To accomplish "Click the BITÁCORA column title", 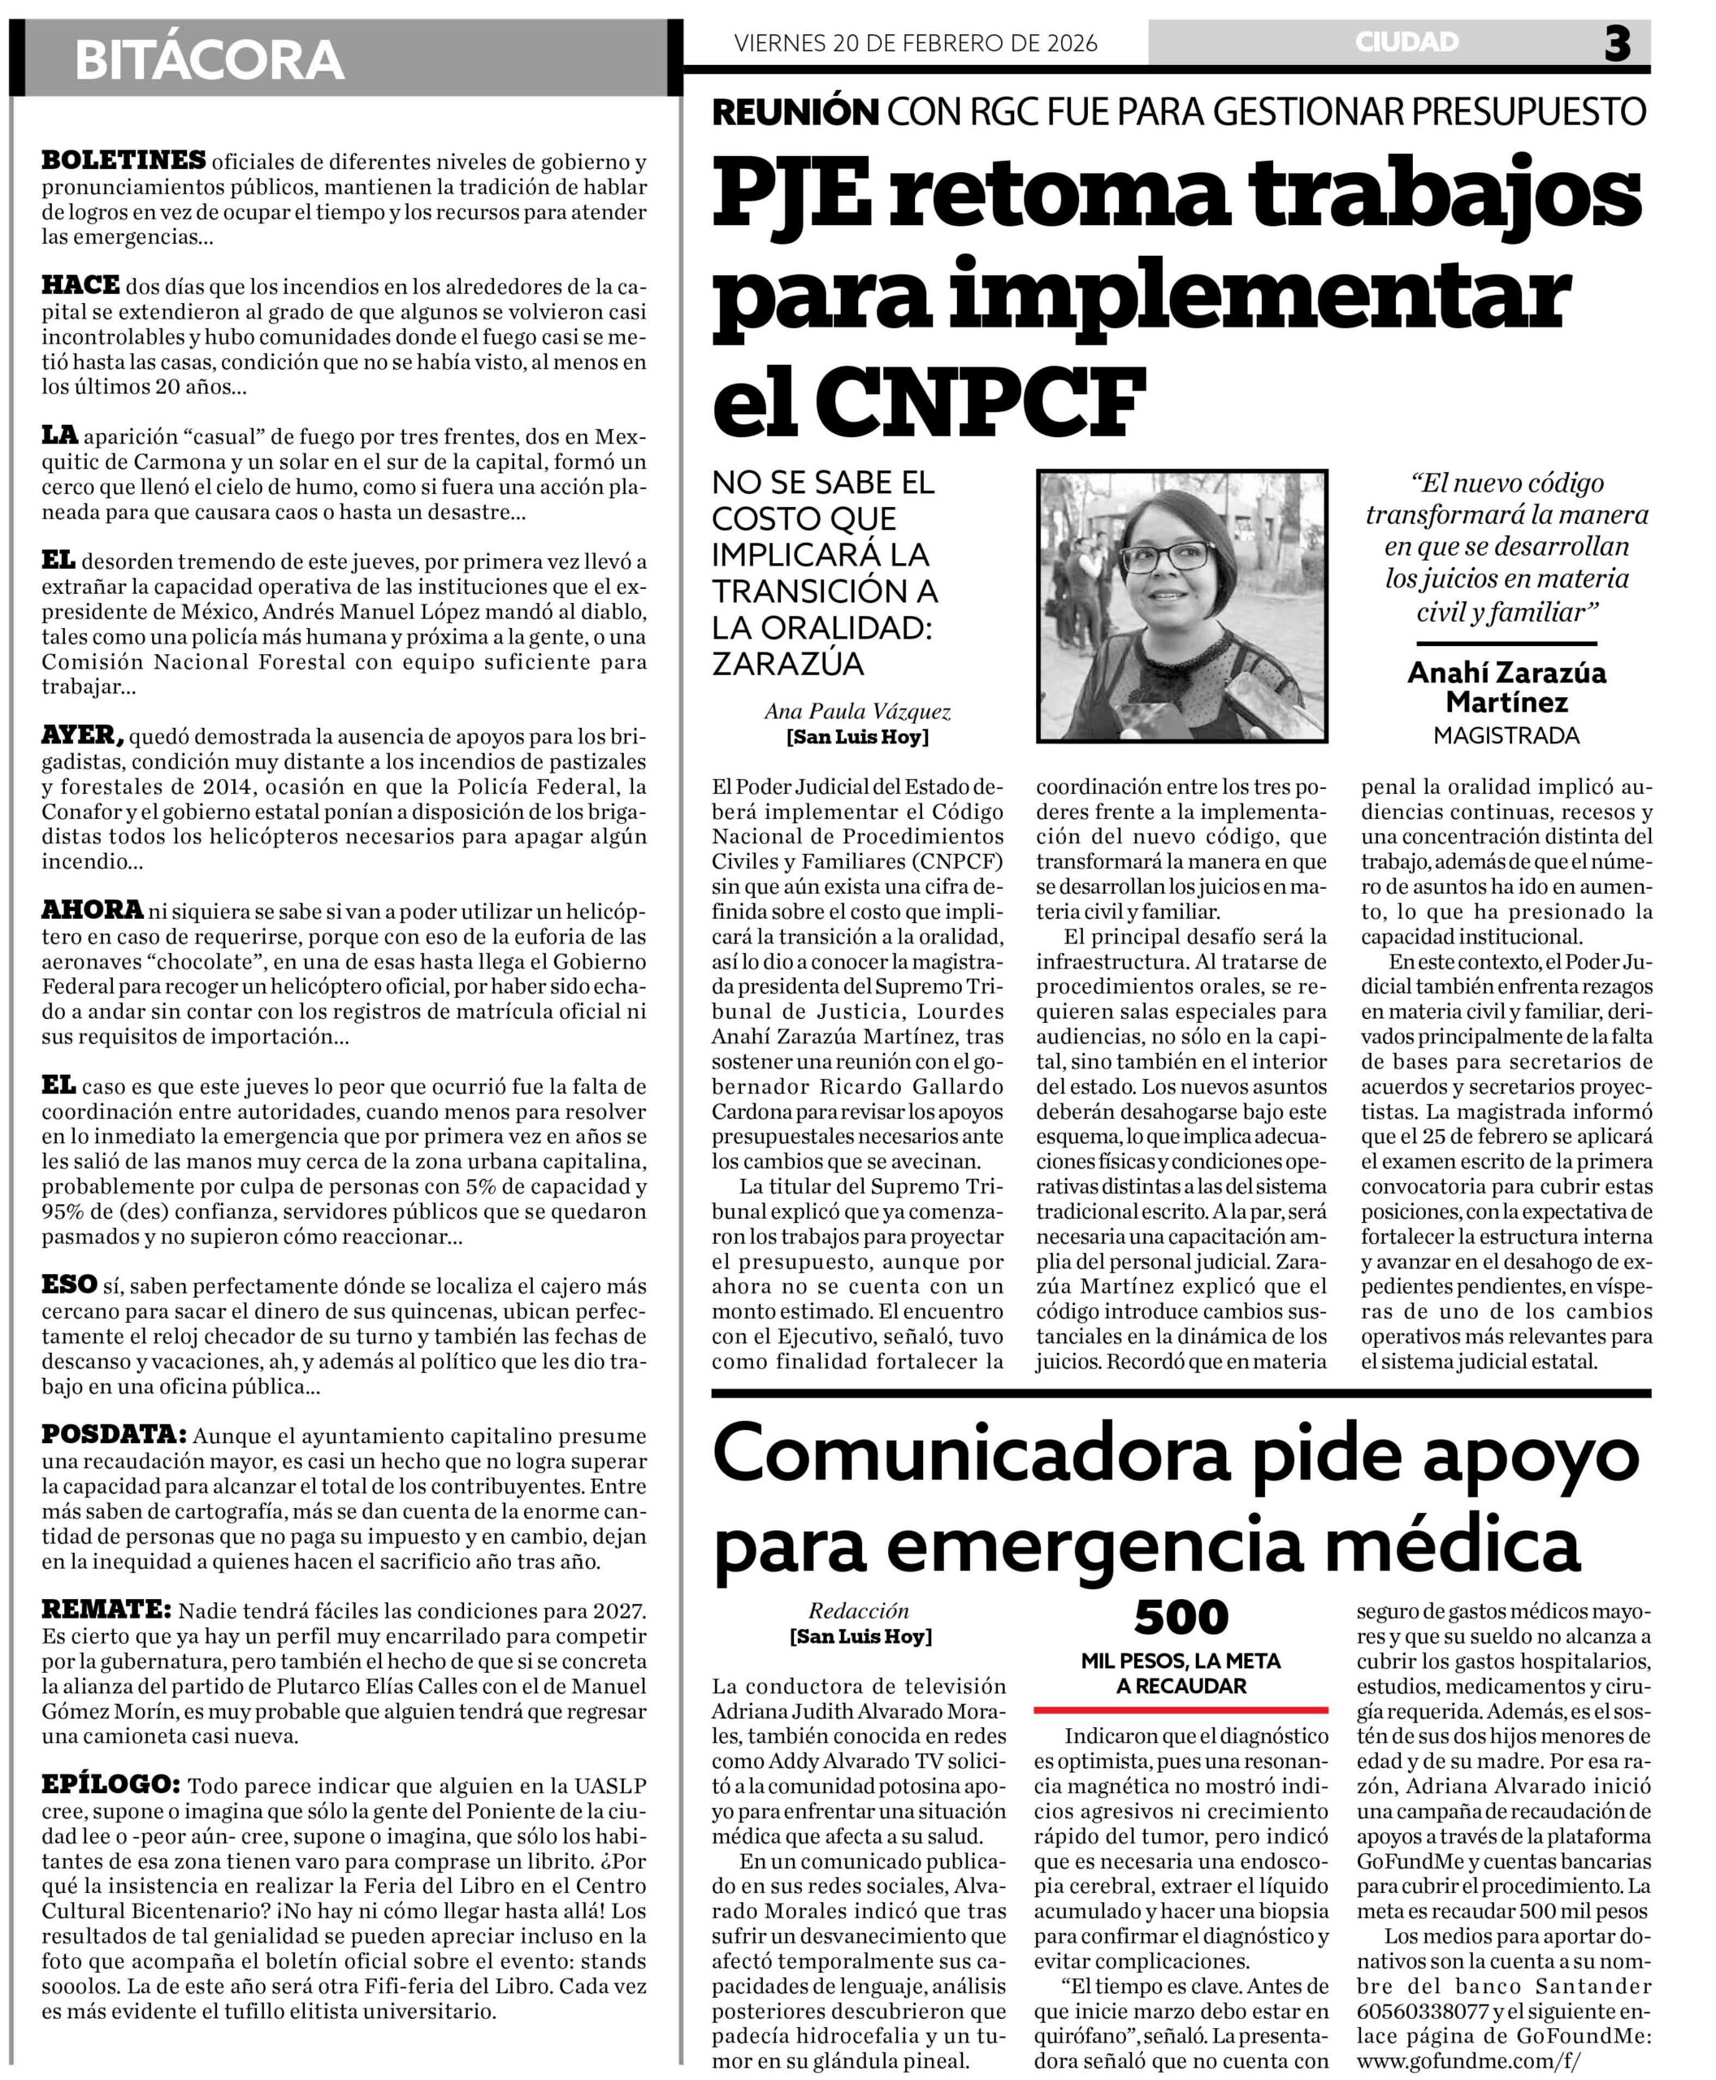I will [209, 59].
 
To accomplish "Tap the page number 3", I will [1617, 44].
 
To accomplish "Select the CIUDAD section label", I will [1406, 41].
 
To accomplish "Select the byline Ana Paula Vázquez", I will [857, 712].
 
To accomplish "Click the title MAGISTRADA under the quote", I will [1506, 735].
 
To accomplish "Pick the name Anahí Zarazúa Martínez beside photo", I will [1506, 687].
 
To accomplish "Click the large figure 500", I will [1181, 1618].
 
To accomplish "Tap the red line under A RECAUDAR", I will [1181, 1709].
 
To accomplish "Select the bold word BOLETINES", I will [123, 159].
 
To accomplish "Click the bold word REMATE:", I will [106, 1609].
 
